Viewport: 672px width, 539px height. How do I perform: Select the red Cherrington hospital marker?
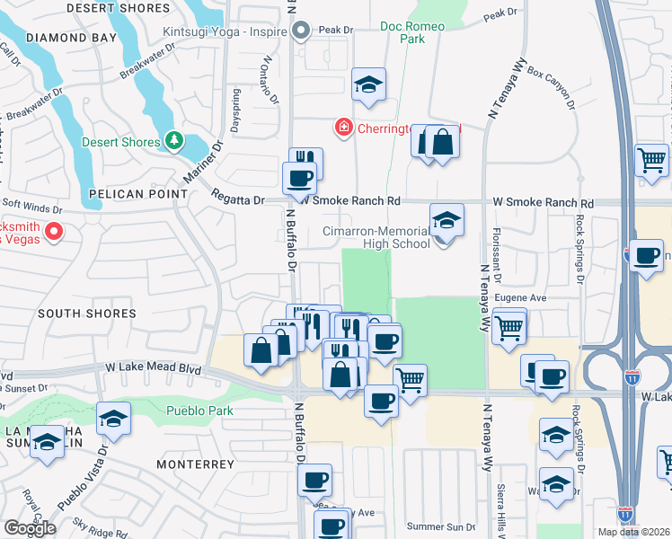tap(342, 129)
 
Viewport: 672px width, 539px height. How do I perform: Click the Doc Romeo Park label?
tap(412, 33)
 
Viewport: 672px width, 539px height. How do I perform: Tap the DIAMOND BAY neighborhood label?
tap(72, 38)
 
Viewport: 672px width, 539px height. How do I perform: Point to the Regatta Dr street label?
tap(238, 196)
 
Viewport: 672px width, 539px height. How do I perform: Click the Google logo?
tap(30, 527)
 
